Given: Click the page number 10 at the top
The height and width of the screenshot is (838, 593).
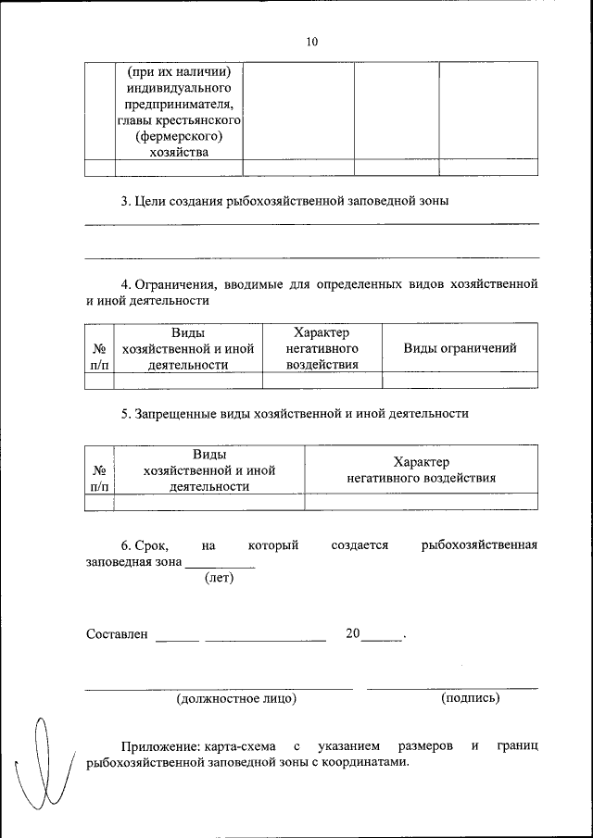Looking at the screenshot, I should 311,42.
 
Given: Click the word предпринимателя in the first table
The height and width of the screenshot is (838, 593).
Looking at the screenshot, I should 179,104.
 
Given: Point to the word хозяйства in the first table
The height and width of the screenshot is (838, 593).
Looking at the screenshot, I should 179,153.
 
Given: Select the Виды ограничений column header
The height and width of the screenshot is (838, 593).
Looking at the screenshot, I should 460,348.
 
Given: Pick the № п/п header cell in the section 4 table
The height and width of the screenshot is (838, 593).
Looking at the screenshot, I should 98,356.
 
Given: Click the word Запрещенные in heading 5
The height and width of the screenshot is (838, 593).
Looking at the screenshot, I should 176,414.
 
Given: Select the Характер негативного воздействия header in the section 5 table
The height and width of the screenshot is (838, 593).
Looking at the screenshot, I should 421,470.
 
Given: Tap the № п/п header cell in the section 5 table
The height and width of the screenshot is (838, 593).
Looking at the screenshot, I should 98,478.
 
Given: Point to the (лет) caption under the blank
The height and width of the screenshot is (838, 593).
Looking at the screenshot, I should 219,579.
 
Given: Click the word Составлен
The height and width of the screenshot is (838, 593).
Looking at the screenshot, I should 117,634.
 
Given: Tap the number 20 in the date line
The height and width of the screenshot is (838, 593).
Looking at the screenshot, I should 352,634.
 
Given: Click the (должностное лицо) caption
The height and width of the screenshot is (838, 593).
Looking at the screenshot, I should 236,698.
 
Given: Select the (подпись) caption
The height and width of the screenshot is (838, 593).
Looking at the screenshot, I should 471,698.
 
